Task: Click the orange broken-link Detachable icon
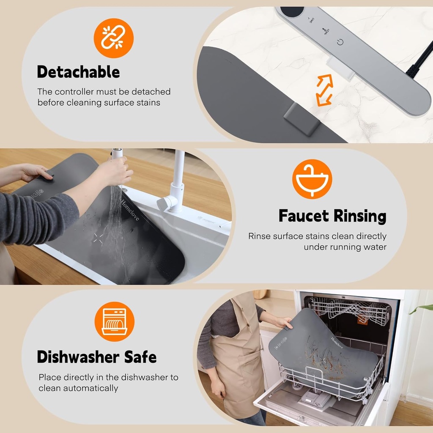tap(113, 38)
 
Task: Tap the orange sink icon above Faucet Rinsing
tap(312, 179)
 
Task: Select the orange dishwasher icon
tap(114, 321)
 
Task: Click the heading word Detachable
tap(78, 72)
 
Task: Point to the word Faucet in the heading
tap(304, 216)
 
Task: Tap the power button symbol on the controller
tap(340, 42)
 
